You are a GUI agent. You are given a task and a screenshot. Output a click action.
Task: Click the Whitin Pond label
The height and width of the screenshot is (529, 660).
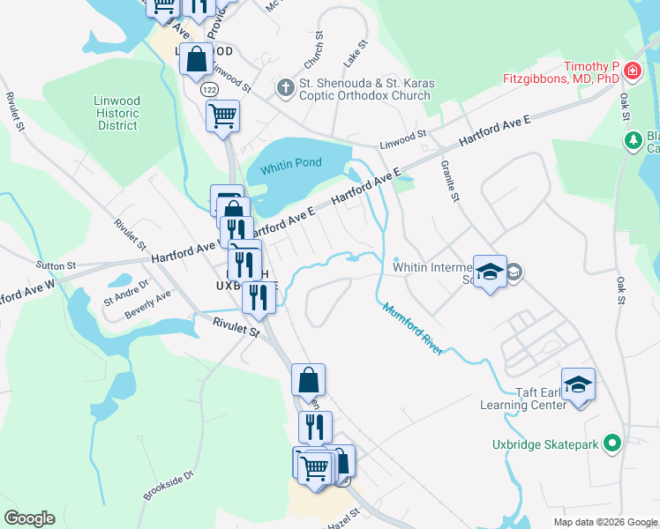291,162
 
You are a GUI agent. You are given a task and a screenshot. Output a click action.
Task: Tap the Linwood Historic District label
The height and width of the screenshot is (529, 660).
117,113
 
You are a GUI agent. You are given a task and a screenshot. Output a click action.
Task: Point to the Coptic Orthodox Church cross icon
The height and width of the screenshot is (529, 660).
285,88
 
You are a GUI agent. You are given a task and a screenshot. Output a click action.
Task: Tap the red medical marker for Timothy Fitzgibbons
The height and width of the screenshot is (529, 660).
631,71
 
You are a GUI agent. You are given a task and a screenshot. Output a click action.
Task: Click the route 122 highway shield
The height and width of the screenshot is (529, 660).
209,90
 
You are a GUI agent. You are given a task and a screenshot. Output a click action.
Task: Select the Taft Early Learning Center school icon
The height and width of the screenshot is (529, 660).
578,384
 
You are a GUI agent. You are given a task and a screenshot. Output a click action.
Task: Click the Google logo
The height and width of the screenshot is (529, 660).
29,518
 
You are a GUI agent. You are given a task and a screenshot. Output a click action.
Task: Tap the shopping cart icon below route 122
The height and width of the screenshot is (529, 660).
222,115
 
